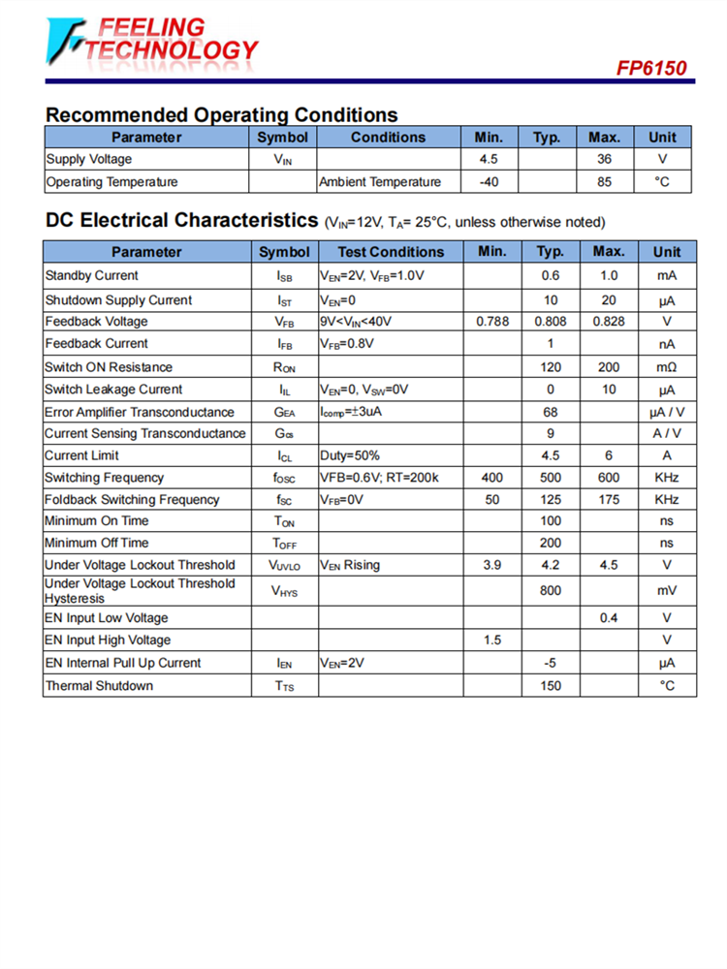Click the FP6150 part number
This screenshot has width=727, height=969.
651,68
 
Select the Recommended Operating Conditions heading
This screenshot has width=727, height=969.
221,115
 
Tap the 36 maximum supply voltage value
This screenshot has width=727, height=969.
604,159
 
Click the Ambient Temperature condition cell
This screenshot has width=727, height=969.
380,182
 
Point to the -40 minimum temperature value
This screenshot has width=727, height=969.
490,182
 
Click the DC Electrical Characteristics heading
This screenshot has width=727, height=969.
181,221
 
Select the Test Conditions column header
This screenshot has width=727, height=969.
391,252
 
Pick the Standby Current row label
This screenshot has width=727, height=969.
92,276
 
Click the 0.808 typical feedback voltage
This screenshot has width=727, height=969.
550,322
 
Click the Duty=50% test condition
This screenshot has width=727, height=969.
350,455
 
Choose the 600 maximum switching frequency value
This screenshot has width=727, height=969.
608,478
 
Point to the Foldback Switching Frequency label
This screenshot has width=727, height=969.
133,500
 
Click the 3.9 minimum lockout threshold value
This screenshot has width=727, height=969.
491,565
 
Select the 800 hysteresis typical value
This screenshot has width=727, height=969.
550,590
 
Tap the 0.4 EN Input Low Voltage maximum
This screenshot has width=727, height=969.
608,618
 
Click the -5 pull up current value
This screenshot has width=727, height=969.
550,664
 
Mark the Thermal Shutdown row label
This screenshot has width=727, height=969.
99,686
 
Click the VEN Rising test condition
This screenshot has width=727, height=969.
350,565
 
